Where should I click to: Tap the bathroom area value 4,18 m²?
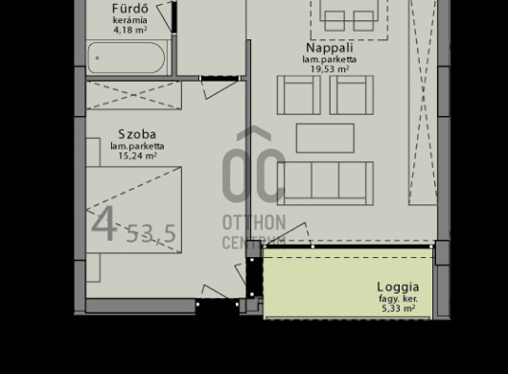pos(130,30)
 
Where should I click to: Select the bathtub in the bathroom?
pos(127,58)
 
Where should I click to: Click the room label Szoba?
pos(137,133)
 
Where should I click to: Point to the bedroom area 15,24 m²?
pos(137,155)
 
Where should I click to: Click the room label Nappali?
pos(330,48)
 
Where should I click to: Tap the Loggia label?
pos(398,286)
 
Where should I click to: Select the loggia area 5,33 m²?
pos(398,308)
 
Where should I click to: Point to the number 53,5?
pos(151,234)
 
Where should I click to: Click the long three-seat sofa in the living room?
pos(325,182)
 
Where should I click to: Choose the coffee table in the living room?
pos(325,138)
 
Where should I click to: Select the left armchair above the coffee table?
pos(299,94)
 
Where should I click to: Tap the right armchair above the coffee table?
pos(351,94)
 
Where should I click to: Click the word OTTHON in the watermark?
pos(254,222)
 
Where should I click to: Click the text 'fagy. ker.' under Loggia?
pos(398,298)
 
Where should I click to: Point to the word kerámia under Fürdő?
pos(130,20)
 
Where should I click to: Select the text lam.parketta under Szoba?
pos(137,146)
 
